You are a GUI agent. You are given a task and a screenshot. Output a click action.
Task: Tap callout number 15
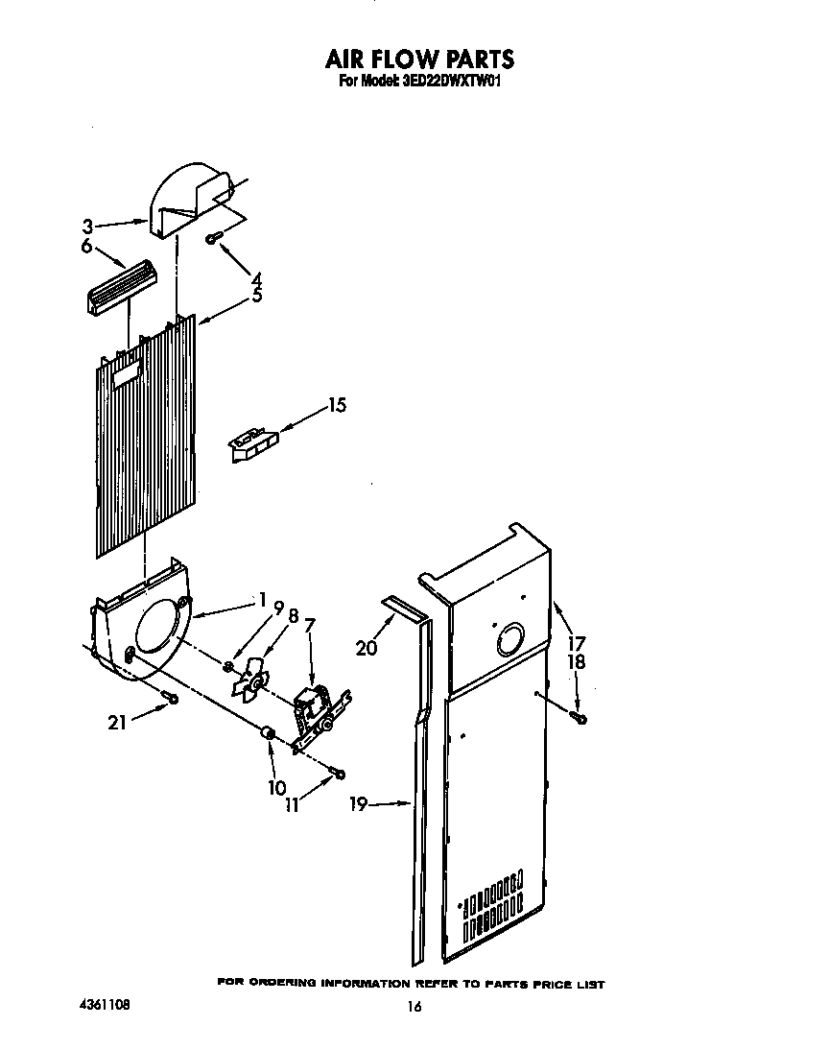point(337,405)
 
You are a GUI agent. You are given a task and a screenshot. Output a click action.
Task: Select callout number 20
point(366,648)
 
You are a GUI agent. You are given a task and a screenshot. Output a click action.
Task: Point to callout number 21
point(117,723)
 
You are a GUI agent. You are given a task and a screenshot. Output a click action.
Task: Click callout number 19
point(359,805)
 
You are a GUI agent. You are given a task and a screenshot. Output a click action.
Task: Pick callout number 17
point(577,643)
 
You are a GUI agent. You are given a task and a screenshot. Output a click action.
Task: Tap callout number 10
point(276,788)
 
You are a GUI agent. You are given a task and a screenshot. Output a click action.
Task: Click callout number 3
point(87,227)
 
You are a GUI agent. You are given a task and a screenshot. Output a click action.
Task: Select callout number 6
point(87,247)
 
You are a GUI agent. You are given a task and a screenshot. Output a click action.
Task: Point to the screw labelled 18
point(580,716)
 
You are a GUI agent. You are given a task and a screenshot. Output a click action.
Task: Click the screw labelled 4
point(214,237)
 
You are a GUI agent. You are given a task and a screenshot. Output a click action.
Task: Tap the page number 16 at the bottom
point(414,1007)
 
